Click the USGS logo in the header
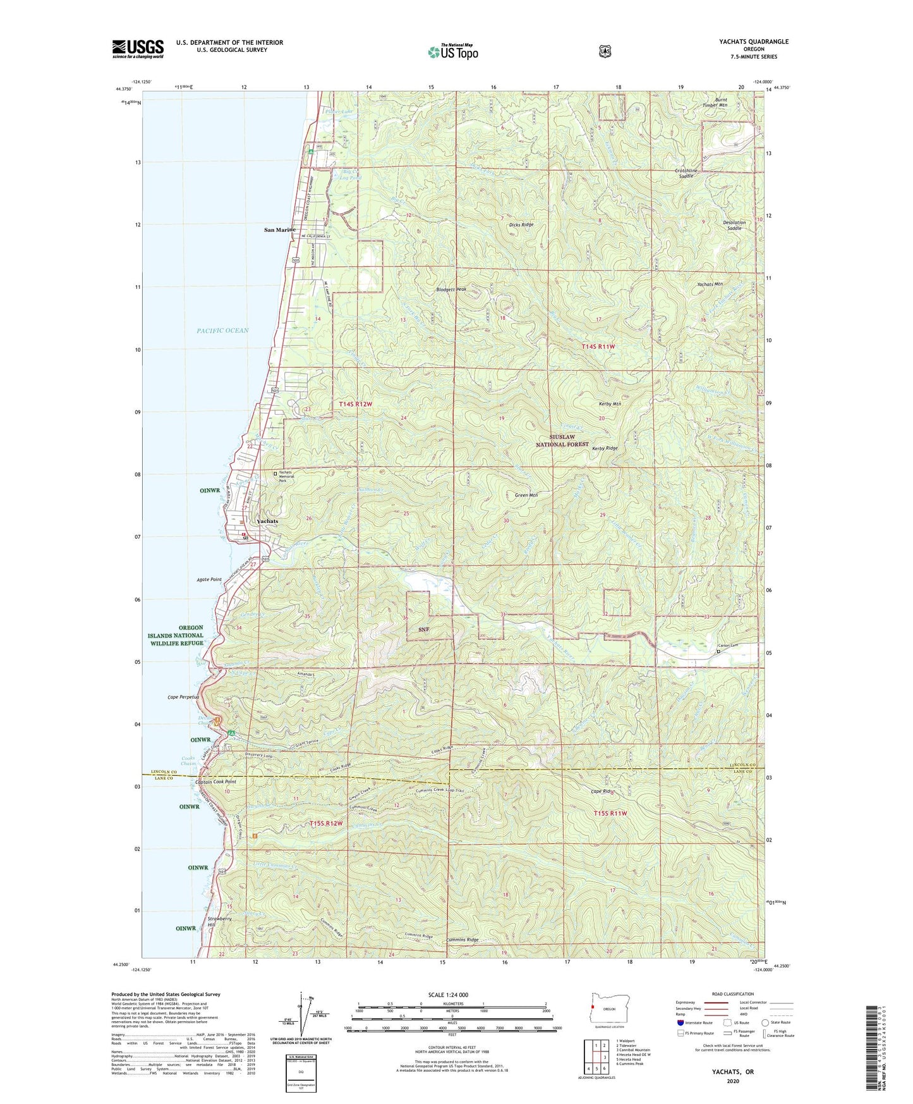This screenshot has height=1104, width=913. click(138, 49)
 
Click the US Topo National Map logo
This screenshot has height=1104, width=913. click(452, 52)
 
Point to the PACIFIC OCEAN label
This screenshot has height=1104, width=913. click(222, 331)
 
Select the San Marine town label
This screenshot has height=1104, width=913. click(279, 230)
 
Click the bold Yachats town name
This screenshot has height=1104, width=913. click(267, 521)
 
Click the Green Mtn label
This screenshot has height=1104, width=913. click(526, 495)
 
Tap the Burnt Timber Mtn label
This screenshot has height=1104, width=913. click(715, 102)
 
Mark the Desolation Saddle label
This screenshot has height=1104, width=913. click(734, 225)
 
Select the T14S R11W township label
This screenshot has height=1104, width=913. click(598, 347)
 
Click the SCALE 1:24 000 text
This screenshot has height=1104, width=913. click(448, 995)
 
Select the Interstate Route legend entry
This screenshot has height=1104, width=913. click(694, 1022)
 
